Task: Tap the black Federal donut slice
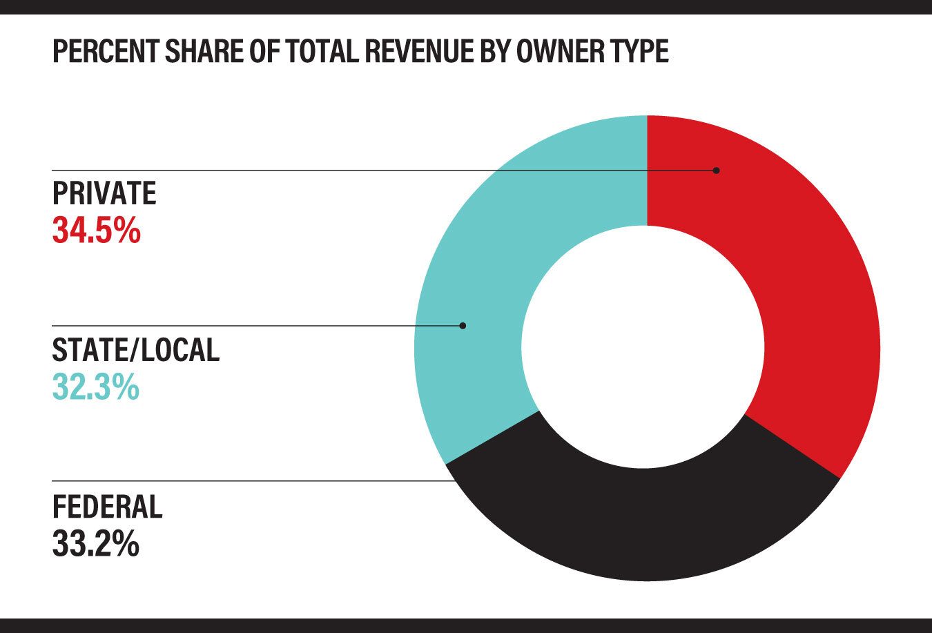(x=642, y=525)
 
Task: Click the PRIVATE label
(x=104, y=194)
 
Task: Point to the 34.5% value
(x=97, y=231)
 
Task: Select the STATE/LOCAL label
(x=136, y=350)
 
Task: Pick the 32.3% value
(x=96, y=387)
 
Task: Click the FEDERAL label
(x=108, y=507)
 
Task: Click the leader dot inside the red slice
(x=716, y=171)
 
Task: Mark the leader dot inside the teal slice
(x=463, y=325)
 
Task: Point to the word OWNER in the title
(x=561, y=52)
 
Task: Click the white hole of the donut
(x=643, y=345)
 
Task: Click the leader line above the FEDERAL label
(x=249, y=481)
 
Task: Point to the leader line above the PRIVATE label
(x=276, y=171)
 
